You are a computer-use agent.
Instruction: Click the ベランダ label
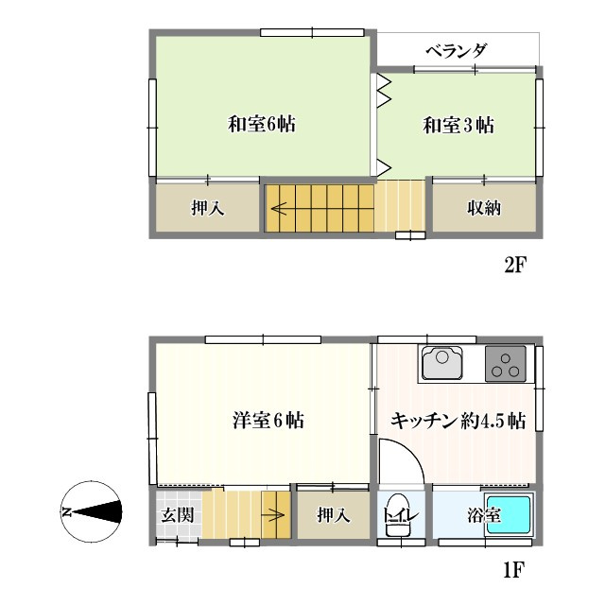coord(455,50)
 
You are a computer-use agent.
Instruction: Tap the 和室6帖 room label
coord(262,124)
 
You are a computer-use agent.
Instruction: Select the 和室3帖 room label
coord(458,124)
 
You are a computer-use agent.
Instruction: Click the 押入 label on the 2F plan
coord(207,209)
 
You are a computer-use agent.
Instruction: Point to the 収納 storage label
coord(483,209)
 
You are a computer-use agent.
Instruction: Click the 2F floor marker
coord(514,266)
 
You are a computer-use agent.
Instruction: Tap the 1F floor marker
coord(514,570)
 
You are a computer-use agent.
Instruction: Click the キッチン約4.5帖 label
coord(458,421)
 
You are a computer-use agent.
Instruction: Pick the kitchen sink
coord(441,364)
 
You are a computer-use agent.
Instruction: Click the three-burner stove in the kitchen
coord(507,364)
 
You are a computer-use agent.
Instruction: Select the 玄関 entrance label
coord(176,516)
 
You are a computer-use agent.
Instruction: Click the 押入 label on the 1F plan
coord(333,516)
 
